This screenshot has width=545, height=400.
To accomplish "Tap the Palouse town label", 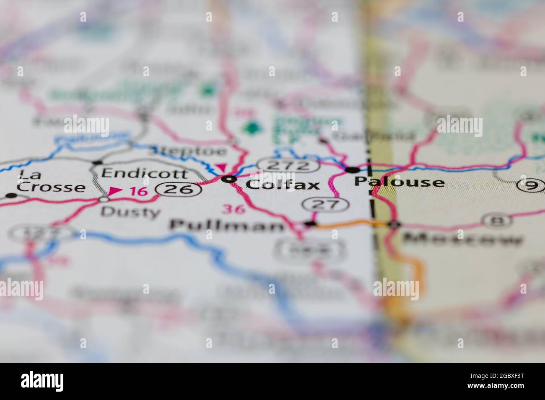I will tap(399, 182).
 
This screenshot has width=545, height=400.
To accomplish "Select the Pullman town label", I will tap(227, 226).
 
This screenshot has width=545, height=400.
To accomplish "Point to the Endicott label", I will tap(145, 173).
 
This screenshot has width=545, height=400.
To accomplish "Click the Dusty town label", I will tap(131, 212).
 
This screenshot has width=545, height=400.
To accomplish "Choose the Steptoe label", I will tap(187, 151).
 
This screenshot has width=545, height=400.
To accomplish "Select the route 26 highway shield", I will tap(177, 190).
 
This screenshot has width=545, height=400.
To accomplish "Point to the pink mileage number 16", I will tap(138, 192).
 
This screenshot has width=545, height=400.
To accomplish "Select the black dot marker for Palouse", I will tap(352, 170).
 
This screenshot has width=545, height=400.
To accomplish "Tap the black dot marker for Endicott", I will tap(98, 162).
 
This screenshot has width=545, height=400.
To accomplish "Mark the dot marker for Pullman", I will tap(310, 225).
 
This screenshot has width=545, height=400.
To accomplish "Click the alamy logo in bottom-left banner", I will tap(42, 381).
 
